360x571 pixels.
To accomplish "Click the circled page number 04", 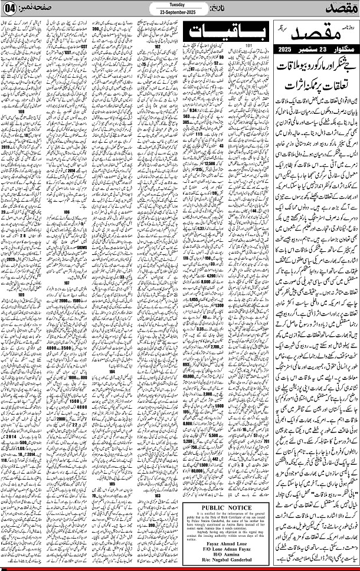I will coord(11,10).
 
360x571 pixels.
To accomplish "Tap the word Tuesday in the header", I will coord(176,4).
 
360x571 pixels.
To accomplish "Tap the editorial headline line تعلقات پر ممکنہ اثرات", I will coord(316,86).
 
